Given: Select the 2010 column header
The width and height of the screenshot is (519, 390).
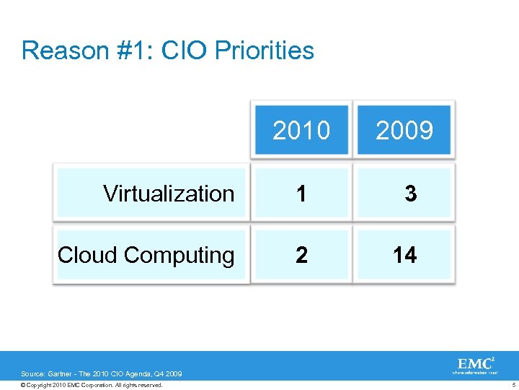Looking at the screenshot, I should coord(301,131).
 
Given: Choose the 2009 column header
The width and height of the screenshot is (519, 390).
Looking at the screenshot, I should coord(404,131).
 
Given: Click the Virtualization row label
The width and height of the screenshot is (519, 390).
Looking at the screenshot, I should coord(169,194).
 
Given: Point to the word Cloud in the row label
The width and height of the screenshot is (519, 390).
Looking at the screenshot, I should coord(88,255).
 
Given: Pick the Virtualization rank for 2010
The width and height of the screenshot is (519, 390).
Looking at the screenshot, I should coord(301,194).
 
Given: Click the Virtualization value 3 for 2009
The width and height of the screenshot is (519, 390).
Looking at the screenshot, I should coord(410,194).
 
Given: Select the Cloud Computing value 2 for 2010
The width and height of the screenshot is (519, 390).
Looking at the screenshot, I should coord(301,255).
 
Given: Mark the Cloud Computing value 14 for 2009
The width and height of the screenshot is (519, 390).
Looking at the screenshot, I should coord(404,255).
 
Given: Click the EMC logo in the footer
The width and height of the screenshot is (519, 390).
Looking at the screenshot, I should coord(475,364).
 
